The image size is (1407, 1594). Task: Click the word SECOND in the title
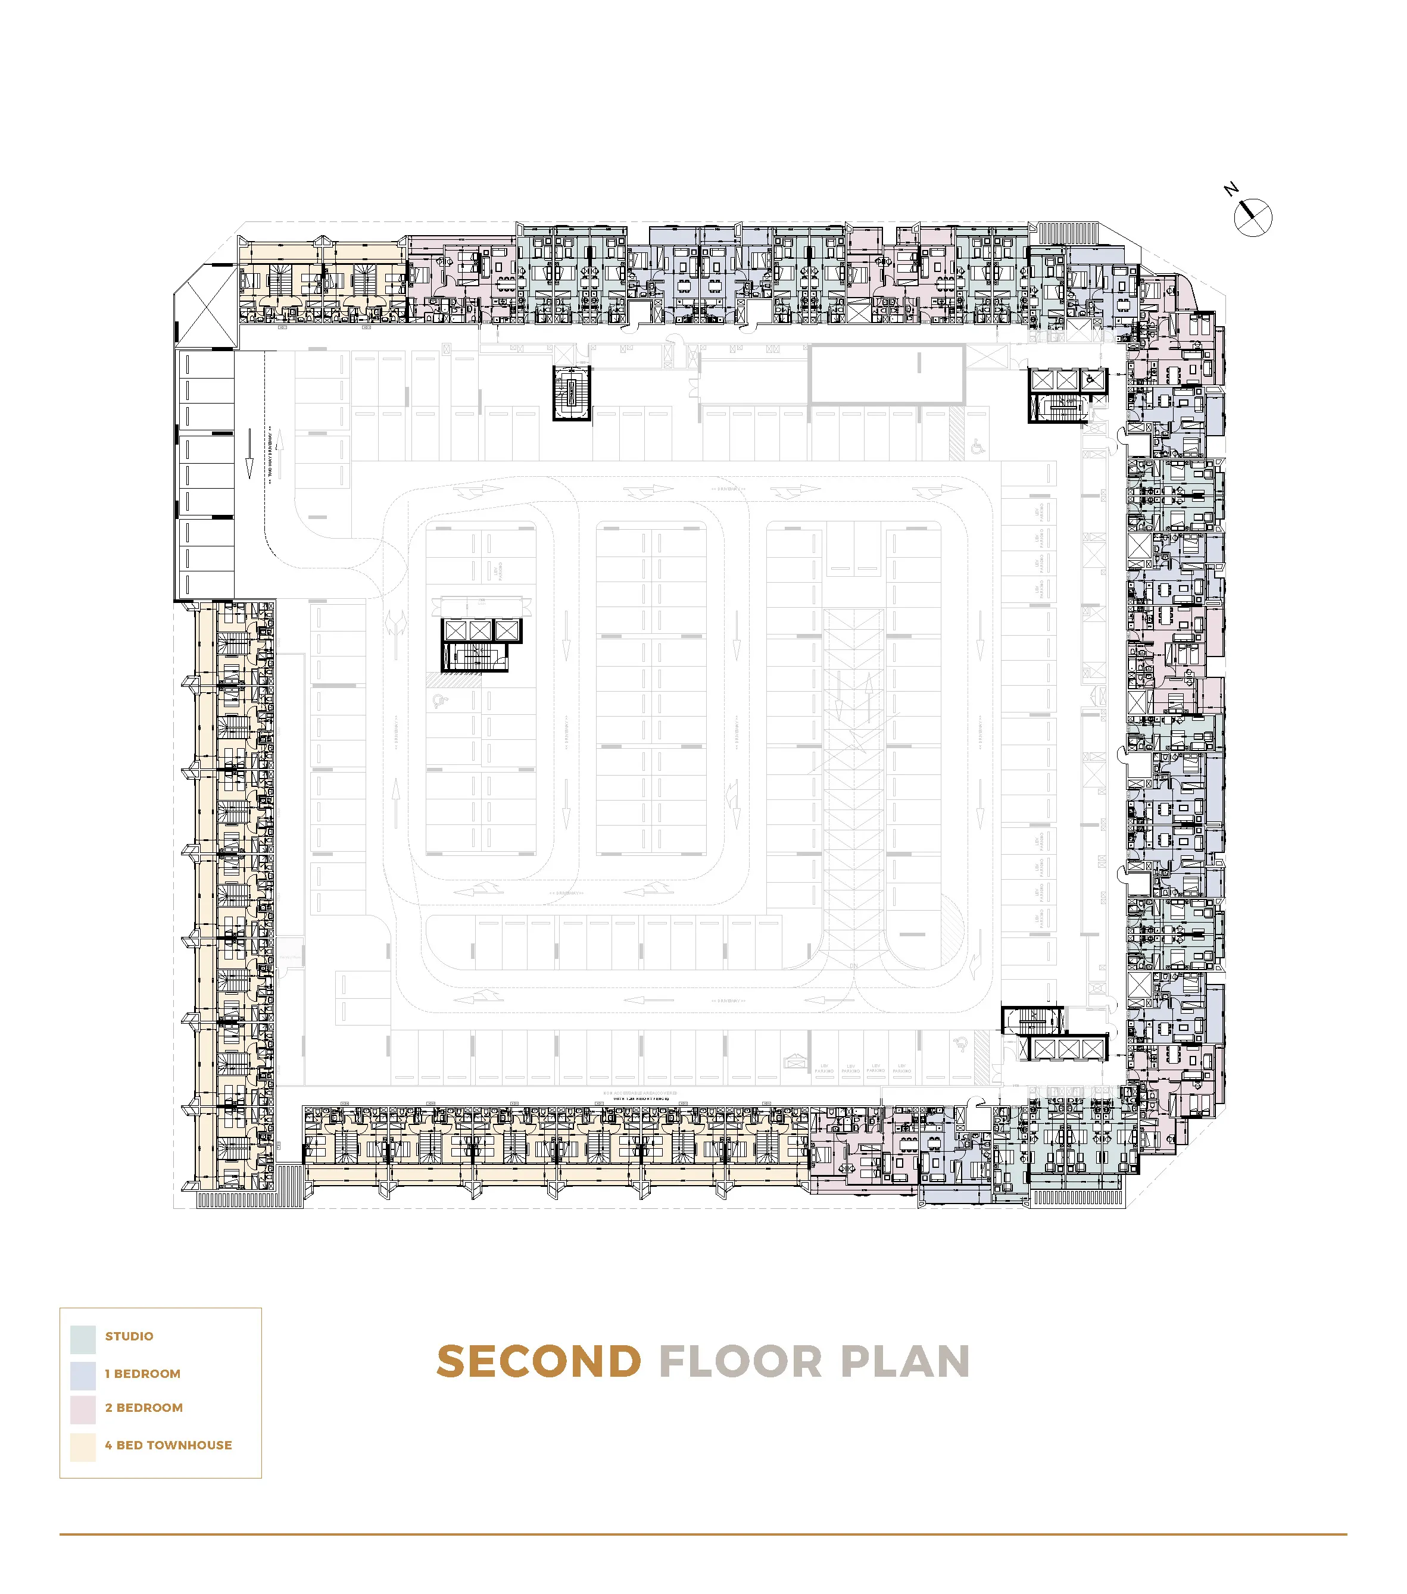pos(539,1362)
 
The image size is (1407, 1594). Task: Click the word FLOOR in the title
pos(741,1362)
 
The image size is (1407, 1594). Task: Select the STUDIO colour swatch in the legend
pos(83,1340)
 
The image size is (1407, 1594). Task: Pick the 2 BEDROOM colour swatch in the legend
pos(83,1410)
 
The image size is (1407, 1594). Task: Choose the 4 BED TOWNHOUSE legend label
pos(169,1445)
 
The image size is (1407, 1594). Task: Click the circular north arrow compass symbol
pos(1253,218)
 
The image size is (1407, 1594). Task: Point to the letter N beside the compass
pos(1231,189)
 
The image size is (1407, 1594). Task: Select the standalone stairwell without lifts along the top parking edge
pos(572,393)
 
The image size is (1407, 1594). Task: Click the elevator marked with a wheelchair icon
pos(1092,380)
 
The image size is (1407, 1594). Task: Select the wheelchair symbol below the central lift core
pos(440,701)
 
